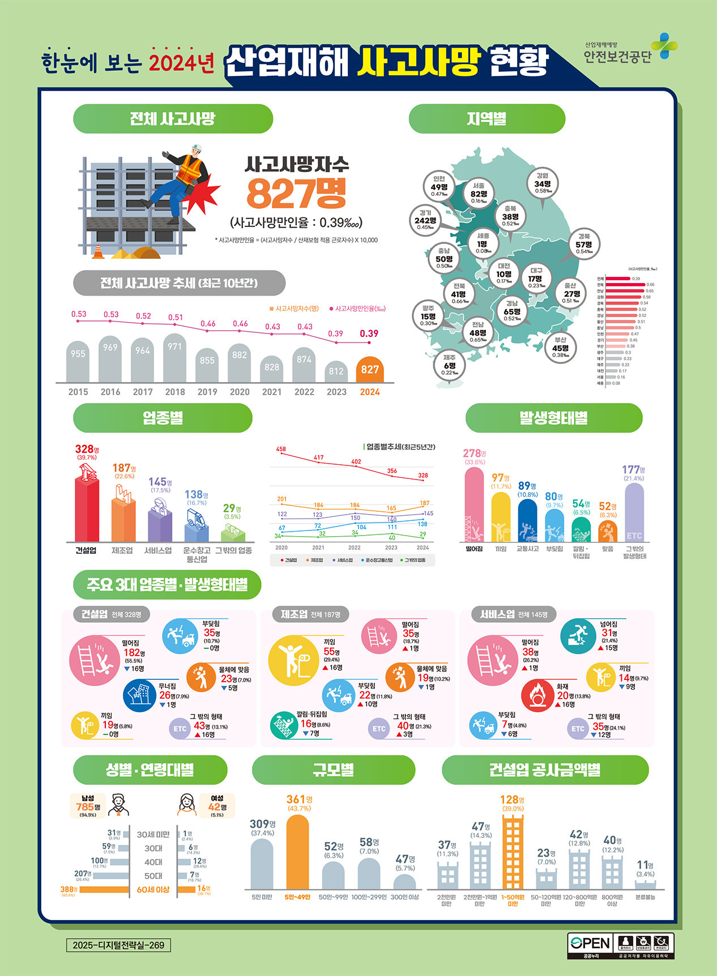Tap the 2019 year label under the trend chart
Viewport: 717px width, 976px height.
click(x=207, y=392)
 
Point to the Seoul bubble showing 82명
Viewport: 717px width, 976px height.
click(x=479, y=193)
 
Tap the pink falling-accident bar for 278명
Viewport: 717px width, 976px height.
click(x=474, y=504)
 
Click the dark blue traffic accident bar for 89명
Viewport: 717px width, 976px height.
click(x=527, y=520)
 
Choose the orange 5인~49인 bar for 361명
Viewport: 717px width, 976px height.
click(x=298, y=852)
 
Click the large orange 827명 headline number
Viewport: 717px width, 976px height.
click(x=296, y=194)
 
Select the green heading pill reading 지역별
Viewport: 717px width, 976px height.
click(x=486, y=119)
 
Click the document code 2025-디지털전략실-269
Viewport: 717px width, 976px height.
click(x=118, y=945)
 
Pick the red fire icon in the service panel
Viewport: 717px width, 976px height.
click(x=537, y=695)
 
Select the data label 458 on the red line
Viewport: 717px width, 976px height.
click(x=281, y=449)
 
